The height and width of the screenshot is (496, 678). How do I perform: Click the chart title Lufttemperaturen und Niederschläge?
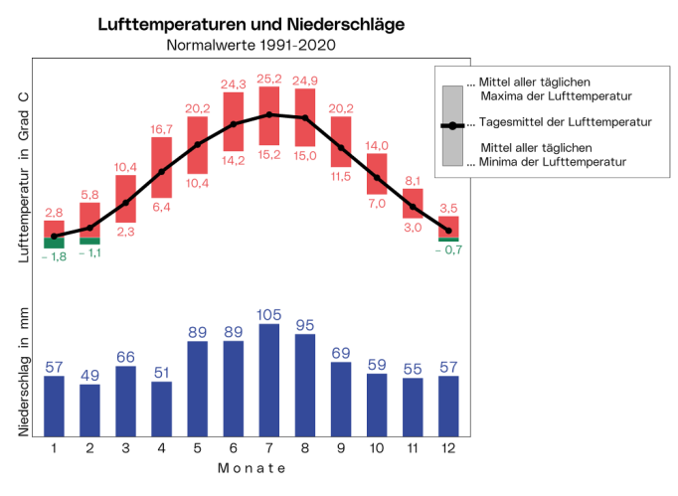(x=252, y=24)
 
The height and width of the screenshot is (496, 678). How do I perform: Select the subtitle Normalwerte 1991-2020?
(x=252, y=45)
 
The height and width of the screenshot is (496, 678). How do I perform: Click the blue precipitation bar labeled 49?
(x=89, y=410)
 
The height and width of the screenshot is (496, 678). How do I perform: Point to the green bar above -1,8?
(x=54, y=243)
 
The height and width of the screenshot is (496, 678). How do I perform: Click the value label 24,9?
(x=305, y=81)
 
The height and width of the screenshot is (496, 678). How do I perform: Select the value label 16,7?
(x=162, y=128)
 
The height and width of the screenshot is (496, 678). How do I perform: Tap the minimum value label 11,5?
(x=341, y=176)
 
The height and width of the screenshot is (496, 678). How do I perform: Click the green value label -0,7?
(x=448, y=249)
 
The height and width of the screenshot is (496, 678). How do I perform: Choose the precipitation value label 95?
(x=305, y=324)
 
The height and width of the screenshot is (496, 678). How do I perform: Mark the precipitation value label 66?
(x=125, y=357)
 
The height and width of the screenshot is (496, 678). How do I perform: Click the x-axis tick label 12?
(x=448, y=448)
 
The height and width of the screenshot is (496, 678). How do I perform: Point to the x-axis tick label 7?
(x=269, y=448)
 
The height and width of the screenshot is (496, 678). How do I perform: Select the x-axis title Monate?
(x=251, y=467)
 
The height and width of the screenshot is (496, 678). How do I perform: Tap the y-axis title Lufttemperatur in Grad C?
(x=25, y=175)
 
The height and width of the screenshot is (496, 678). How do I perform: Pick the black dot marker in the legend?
(x=451, y=125)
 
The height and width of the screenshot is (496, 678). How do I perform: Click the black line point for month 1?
(x=54, y=236)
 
